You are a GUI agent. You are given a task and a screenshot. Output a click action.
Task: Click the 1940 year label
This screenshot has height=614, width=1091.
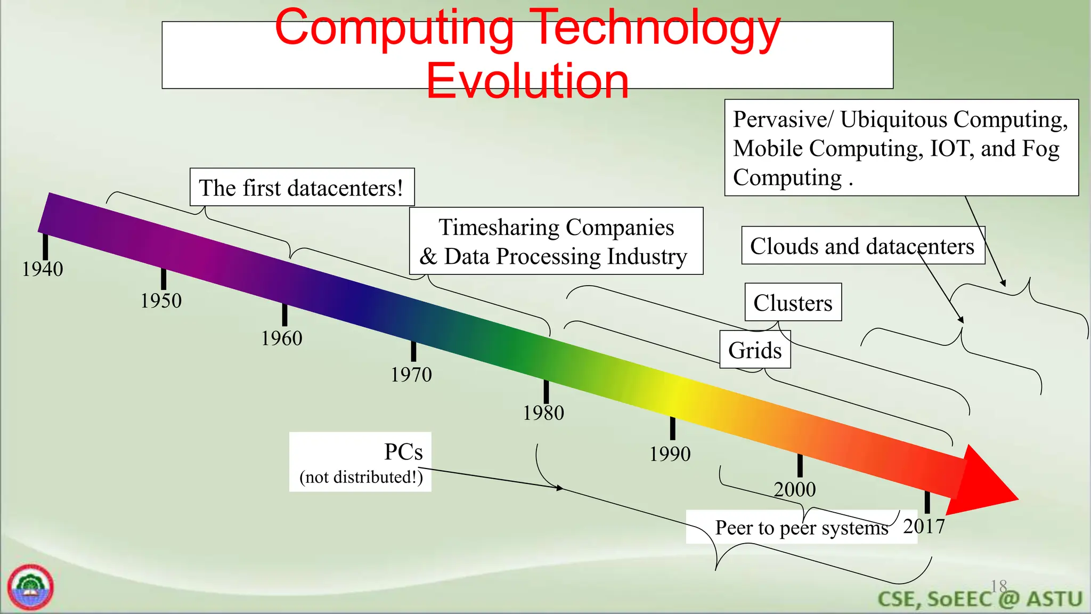43,269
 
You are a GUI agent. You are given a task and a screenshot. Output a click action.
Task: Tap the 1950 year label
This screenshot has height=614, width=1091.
161,301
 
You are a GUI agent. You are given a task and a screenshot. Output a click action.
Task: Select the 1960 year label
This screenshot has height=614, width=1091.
281,338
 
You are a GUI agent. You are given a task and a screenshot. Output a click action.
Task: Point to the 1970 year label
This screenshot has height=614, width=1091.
411,375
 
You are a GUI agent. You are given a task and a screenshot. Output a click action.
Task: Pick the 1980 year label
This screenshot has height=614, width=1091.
543,413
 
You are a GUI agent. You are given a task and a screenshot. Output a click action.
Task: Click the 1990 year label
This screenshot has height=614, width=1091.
670,454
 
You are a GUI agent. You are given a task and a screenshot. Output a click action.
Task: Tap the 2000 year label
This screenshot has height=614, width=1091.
794,489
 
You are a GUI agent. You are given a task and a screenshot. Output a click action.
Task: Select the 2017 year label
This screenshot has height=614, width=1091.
924,527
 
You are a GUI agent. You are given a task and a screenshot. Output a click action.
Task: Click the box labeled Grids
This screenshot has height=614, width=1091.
755,350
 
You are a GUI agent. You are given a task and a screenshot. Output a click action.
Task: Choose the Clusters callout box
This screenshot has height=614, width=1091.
793,303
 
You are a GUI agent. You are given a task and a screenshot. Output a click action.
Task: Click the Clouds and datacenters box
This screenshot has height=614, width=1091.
862,246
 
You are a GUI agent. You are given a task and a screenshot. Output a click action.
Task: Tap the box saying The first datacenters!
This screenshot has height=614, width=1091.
302,188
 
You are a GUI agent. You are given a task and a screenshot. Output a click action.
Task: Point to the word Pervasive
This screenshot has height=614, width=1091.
780,119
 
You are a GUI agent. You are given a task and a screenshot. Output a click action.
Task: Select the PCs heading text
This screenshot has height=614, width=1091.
403,452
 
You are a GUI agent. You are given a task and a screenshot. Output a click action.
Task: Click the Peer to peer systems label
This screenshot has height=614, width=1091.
801,528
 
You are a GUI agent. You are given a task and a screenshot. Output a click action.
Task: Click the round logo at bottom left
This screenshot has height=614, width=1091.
30,587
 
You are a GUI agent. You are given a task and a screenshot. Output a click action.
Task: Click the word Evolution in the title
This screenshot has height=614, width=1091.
527,82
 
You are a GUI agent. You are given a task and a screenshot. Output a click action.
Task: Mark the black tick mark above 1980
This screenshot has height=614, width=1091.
546,391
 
